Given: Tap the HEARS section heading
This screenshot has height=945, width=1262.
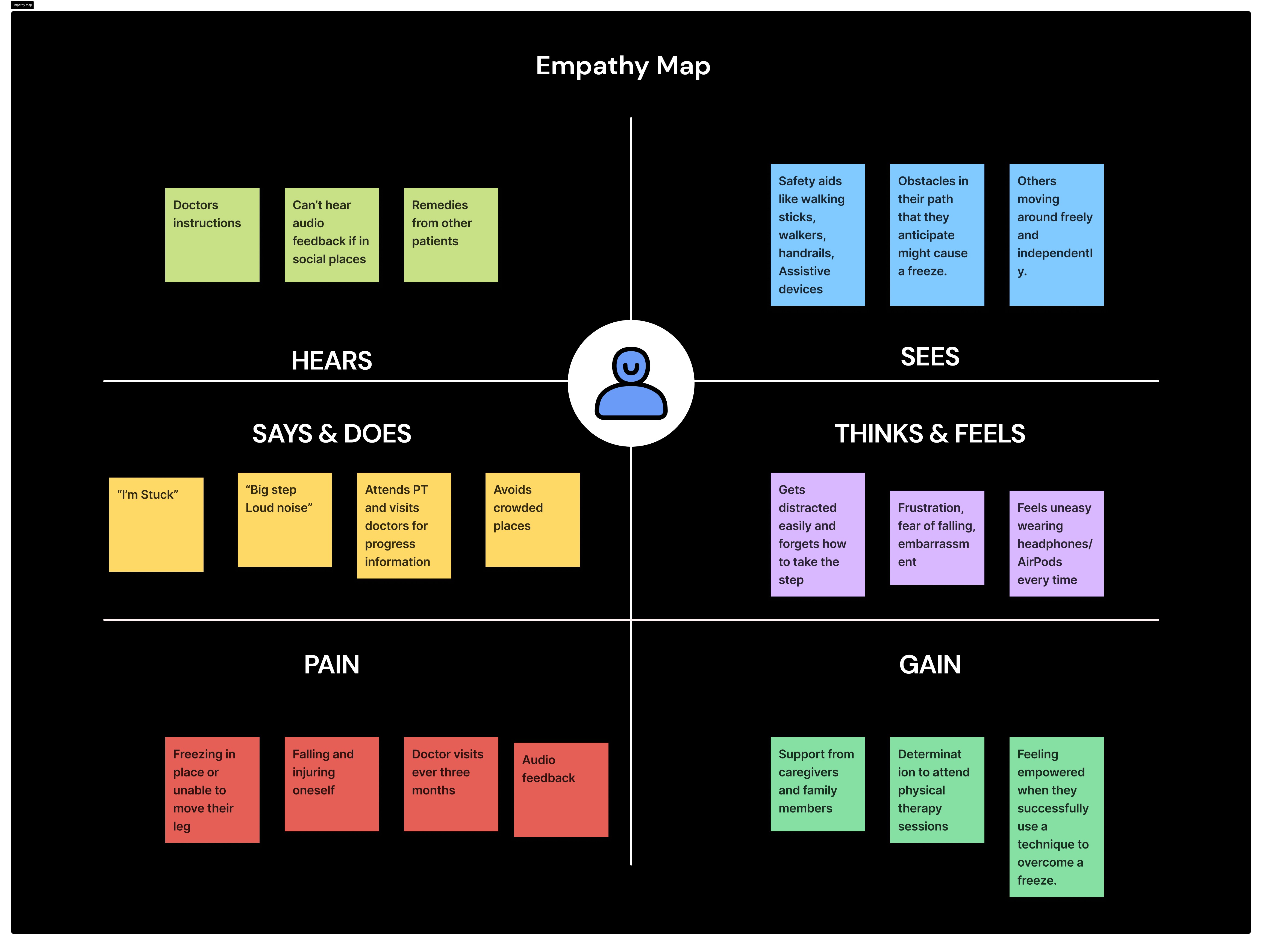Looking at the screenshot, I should point(331,361).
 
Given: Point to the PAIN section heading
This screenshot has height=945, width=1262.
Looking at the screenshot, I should point(331,664).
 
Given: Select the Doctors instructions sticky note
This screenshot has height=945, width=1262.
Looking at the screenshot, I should point(212,234).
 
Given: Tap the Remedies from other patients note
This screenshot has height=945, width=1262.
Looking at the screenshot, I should point(451,234).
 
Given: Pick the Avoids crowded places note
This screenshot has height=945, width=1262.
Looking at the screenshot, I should point(532,519).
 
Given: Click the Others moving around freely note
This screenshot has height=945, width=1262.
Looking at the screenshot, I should point(1056,234).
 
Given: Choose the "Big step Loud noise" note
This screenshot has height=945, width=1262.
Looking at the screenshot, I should point(285,519).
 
